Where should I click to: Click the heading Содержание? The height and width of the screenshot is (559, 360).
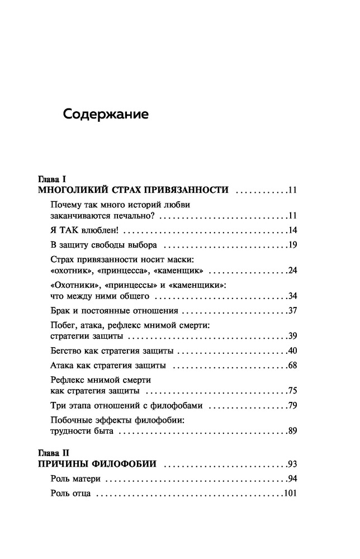pos(106,115)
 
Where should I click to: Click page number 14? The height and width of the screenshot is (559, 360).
pos(292,230)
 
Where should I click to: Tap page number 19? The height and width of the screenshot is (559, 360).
pos(292,245)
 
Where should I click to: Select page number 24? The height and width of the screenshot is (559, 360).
pos(292,271)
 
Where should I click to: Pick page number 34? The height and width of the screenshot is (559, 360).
pos(292,296)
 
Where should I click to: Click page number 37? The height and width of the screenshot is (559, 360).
pos(292,311)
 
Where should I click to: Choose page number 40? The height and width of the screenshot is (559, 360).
pos(292,351)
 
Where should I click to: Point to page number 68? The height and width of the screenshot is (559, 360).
pos(292,366)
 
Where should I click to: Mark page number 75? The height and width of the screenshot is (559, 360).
pos(292,391)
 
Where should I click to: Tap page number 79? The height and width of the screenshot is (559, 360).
pos(292,405)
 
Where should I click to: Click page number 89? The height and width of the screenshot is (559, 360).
pos(292,431)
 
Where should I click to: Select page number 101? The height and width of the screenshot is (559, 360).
pos(290,494)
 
